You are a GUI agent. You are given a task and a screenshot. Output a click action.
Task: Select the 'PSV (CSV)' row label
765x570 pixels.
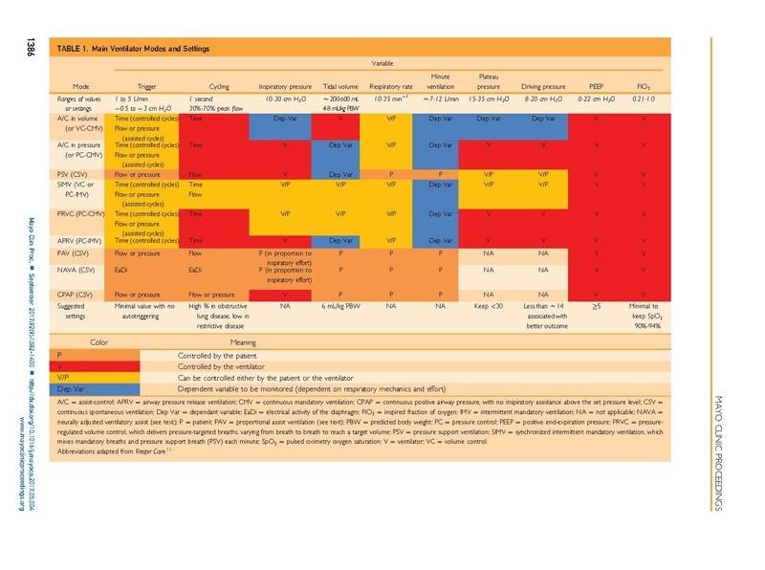[x=76, y=175]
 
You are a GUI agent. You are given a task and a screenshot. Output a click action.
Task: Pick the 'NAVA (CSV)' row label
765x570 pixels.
[x=77, y=272]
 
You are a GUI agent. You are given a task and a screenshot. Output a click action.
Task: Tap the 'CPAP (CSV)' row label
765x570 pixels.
[x=77, y=296]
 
